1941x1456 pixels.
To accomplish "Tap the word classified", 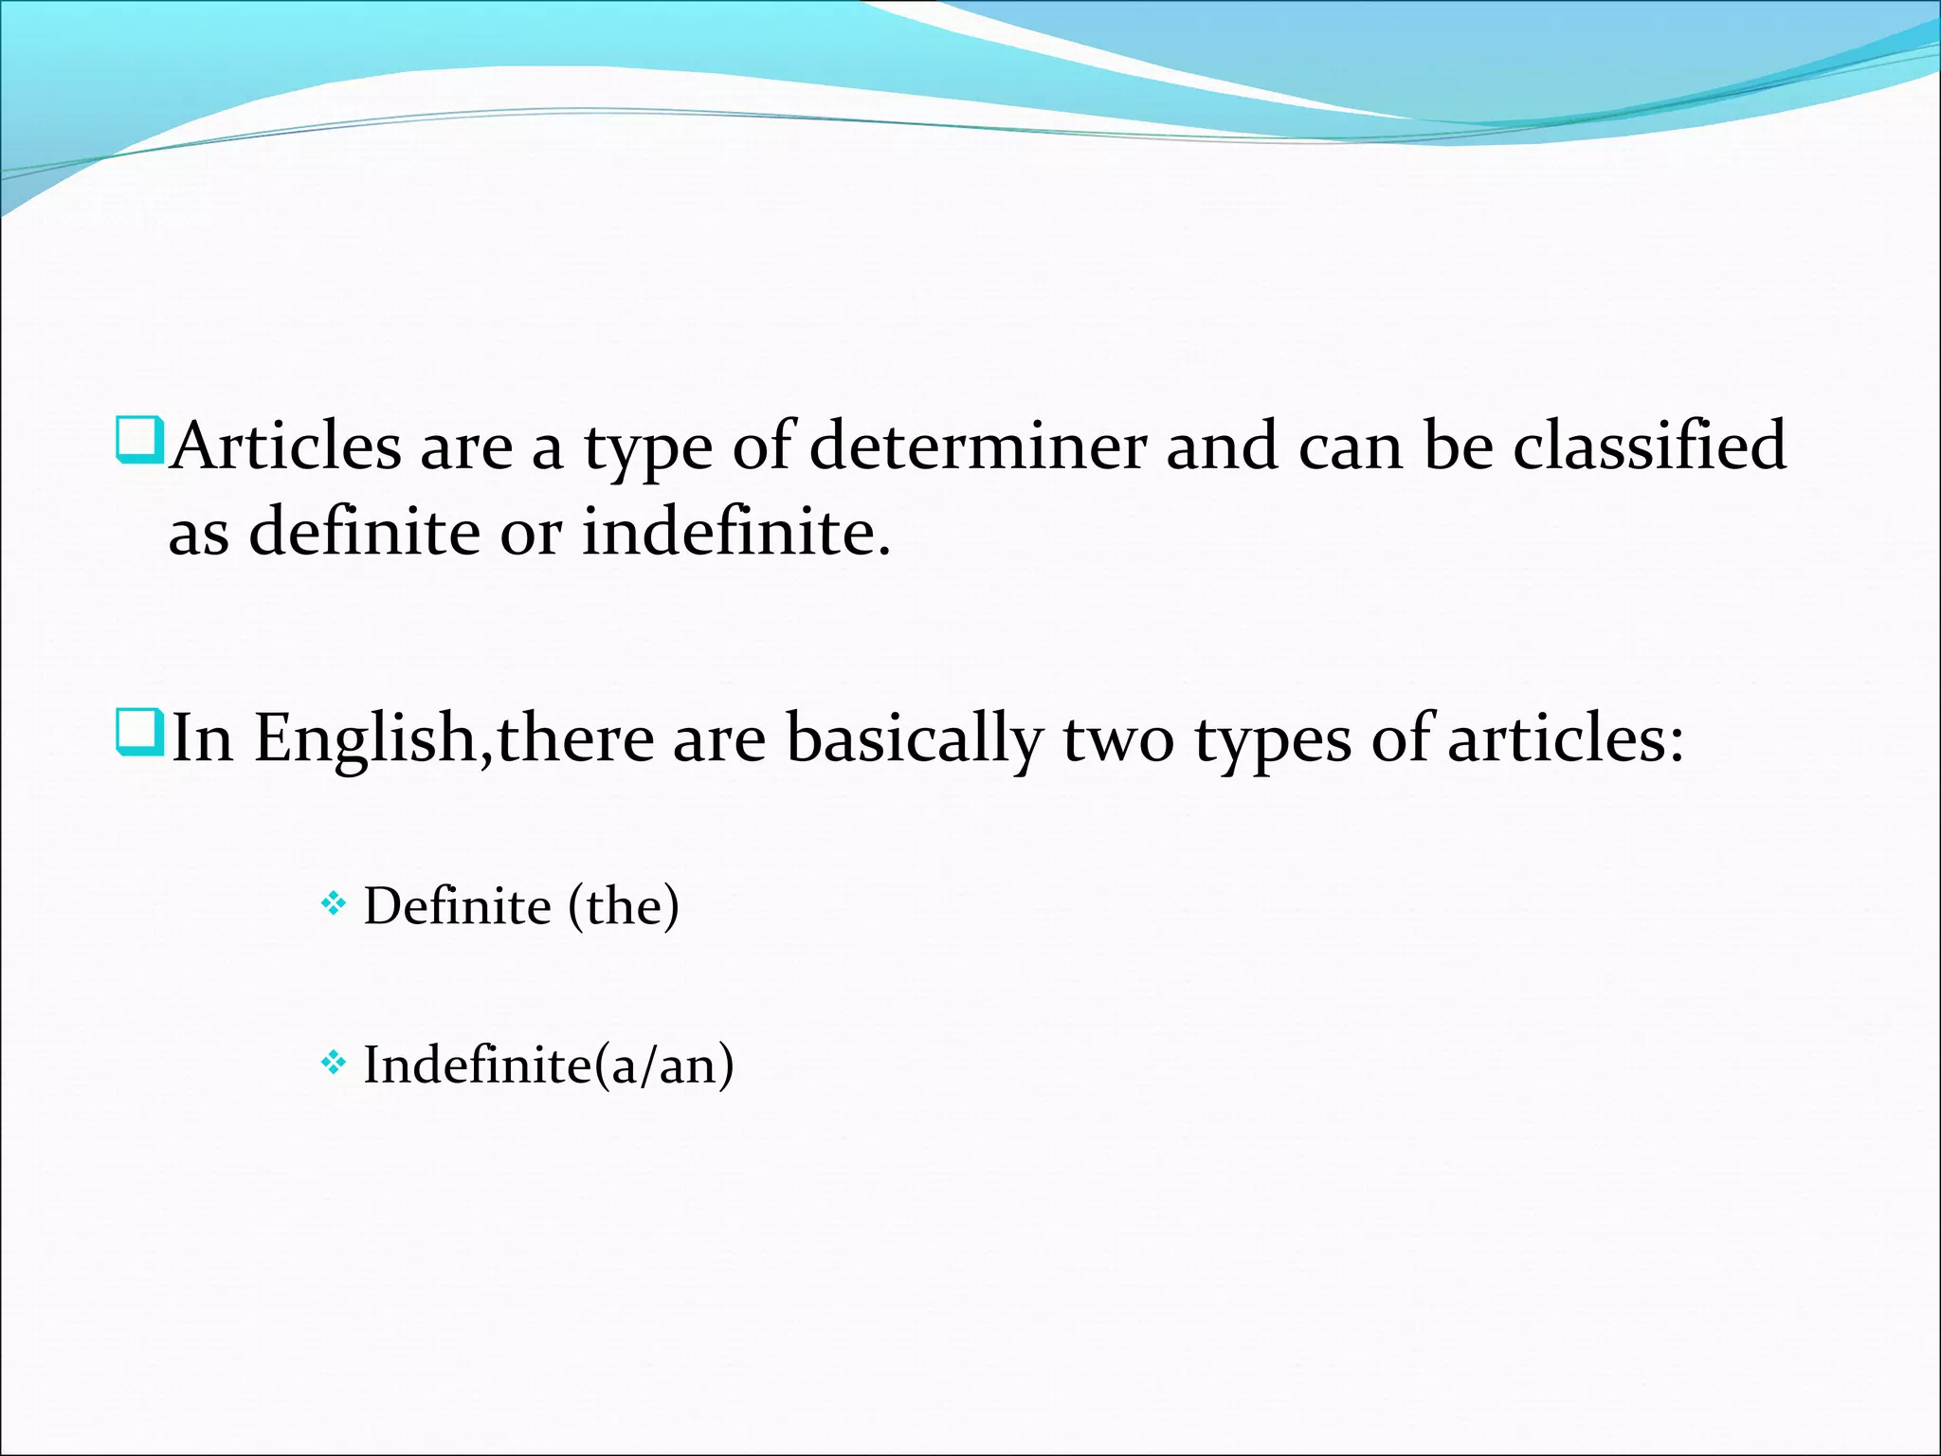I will coord(1649,446).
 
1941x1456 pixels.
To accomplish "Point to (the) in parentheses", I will coord(624,906).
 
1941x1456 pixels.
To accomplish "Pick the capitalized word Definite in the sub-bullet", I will coord(458,906).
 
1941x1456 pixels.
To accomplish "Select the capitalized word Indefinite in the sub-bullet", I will coord(479,1065).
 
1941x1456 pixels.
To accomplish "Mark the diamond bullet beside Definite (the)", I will coord(333,905).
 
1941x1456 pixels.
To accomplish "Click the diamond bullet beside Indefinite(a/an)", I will coord(333,1065).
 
